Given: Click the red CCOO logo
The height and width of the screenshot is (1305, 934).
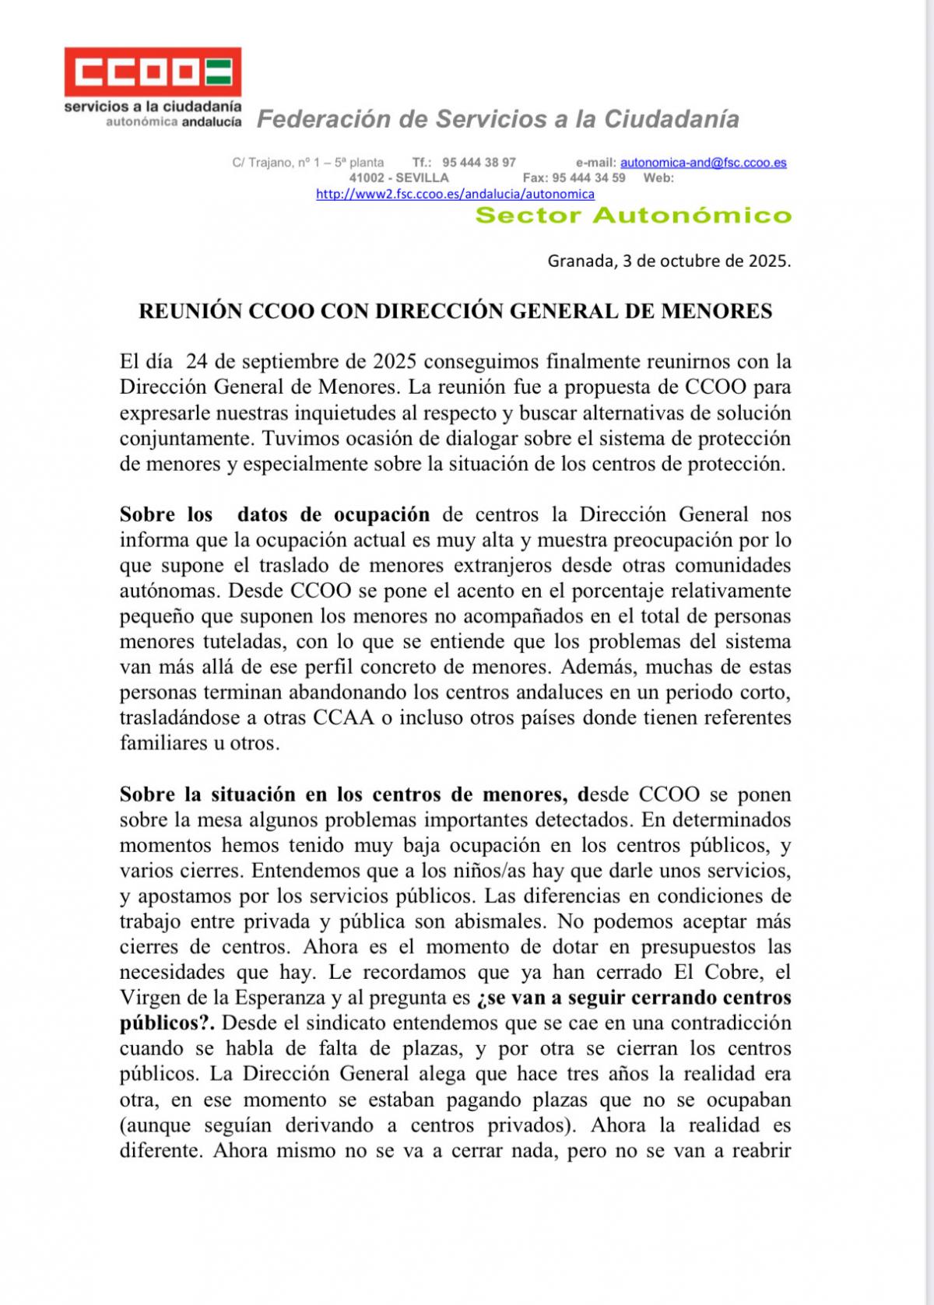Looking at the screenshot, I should click(153, 73).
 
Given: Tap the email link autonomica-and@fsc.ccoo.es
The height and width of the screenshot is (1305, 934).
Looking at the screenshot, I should click(703, 163).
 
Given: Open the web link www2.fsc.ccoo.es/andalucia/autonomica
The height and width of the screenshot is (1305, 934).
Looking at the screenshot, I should click(455, 194).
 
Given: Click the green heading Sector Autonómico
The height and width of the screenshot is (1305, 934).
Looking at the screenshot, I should click(633, 216).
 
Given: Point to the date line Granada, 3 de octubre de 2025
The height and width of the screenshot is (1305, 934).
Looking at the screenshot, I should click(669, 261).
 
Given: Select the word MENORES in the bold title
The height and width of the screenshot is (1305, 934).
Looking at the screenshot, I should click(717, 312).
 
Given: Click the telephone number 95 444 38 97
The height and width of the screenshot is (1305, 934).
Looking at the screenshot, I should click(479, 163).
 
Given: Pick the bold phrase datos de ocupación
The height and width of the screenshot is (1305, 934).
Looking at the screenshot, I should click(333, 514).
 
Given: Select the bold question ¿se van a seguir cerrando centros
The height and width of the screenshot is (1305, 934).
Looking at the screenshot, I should click(634, 997).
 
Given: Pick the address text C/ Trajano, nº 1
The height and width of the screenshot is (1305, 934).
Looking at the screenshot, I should click(276, 163).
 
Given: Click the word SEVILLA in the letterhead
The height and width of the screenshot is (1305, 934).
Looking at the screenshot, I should click(422, 177).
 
